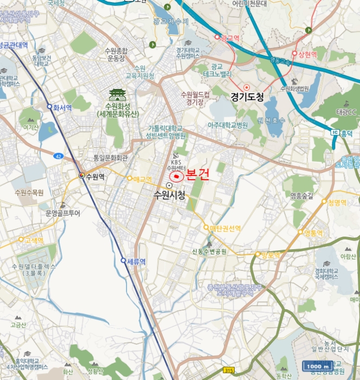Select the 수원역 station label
click(x=94, y=176)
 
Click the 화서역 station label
click(x=62, y=107)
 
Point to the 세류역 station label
click(x=136, y=261)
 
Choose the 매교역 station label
click(x=143, y=178)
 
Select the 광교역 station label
click(x=230, y=37)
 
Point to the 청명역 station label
click(x=337, y=202)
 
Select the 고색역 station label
click(x=33, y=239)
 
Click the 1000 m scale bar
click(x=319, y=366)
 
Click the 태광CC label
click(x=345, y=112)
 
